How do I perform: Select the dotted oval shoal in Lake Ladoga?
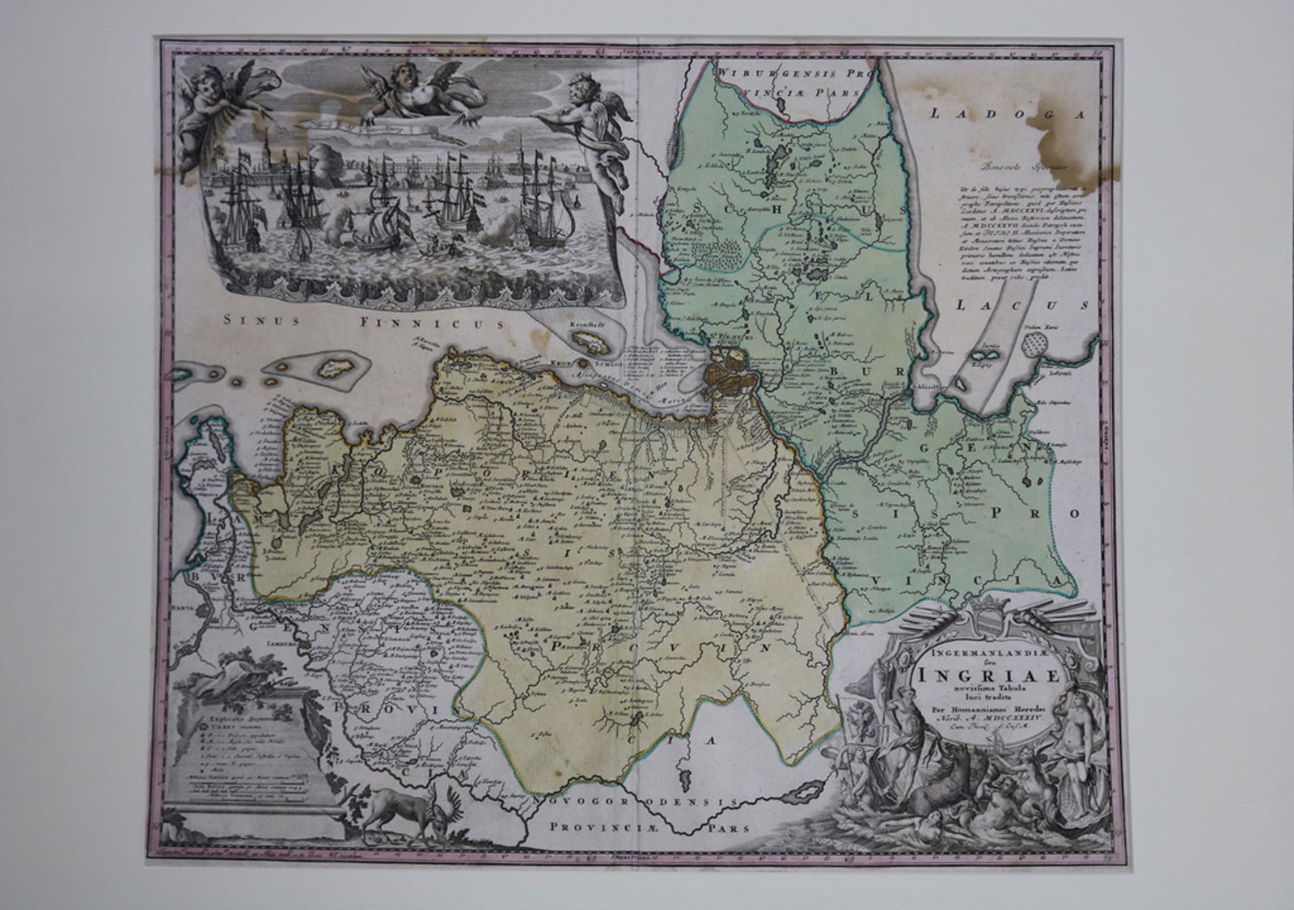click(1037, 345)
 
